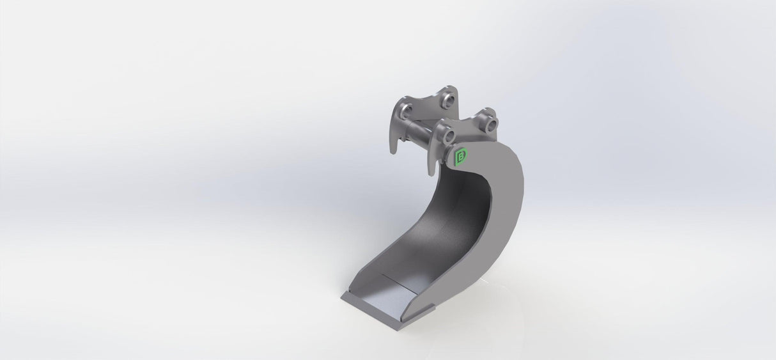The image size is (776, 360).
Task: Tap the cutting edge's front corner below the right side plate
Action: [x=403, y=327]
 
